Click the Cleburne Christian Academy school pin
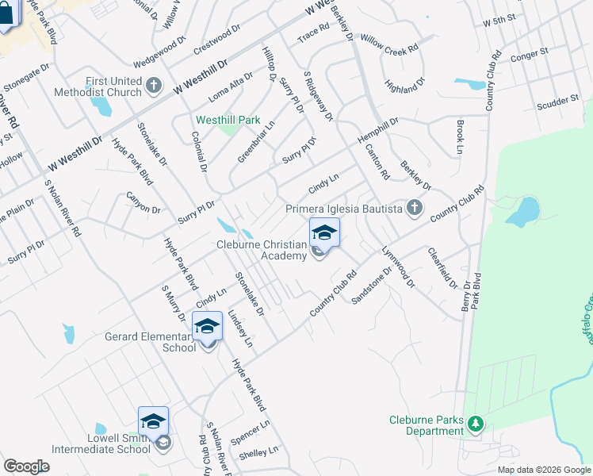coord(324,233)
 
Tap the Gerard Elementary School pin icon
coord(207,327)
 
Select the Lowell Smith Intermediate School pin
coord(153,422)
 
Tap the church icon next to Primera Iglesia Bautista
coord(413,209)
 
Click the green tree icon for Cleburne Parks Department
coord(476,425)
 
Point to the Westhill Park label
coord(228,120)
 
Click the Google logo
coord(26,466)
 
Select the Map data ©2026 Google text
coord(543,470)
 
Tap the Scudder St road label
coord(557,102)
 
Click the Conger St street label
coord(530,56)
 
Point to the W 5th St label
coord(499,19)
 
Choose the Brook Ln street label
coord(460,137)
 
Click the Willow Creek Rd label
coord(388,42)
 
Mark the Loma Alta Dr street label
coord(231,86)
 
